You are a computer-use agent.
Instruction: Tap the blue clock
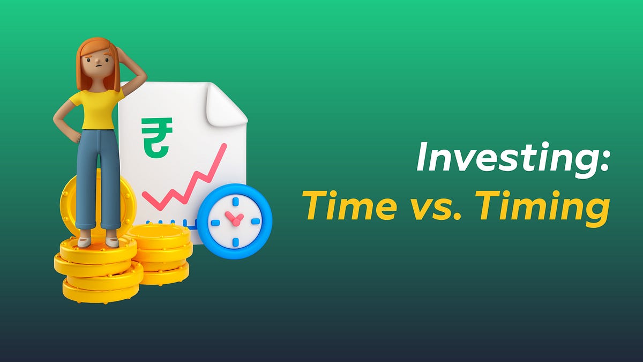point(235,220)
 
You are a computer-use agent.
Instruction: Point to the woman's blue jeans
point(98,177)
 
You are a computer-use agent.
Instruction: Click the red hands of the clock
point(234,218)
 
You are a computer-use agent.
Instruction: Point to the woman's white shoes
point(98,241)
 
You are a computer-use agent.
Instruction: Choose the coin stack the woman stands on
point(96,271)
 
